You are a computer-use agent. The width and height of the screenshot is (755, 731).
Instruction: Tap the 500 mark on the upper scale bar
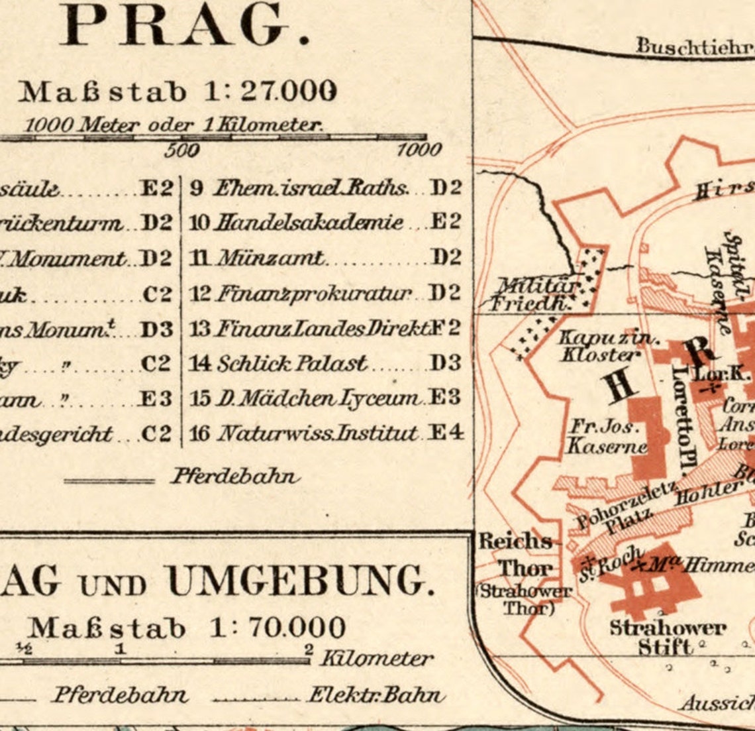[x=181, y=150]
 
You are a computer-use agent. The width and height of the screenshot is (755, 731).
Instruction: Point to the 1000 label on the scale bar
[x=419, y=150]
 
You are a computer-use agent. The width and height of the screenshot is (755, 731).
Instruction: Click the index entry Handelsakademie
[x=309, y=222]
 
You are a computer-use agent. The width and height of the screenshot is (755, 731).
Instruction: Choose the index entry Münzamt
[x=272, y=257]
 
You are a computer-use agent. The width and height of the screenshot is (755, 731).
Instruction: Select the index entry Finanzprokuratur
[x=314, y=292]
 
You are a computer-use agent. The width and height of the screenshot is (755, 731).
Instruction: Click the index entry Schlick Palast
[x=291, y=363]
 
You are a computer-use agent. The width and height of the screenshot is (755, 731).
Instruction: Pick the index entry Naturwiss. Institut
[x=318, y=434]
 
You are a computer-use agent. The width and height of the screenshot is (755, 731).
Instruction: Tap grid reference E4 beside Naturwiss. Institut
[x=446, y=433]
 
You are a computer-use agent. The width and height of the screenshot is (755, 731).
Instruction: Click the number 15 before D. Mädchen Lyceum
[x=200, y=398]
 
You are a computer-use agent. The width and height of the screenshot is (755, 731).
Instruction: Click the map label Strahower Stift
[x=667, y=636]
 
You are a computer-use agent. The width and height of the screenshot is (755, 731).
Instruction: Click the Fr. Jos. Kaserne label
[x=605, y=437]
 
